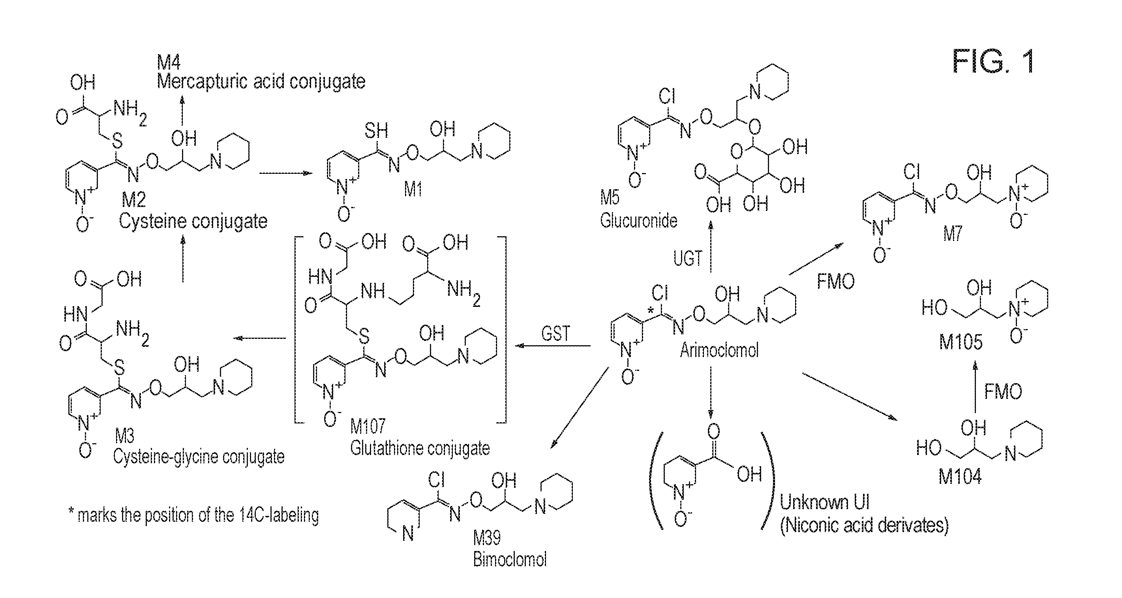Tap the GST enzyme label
[x=555, y=334]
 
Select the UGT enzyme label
[x=688, y=259]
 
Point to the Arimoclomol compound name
[x=719, y=350]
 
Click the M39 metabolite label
[x=487, y=538]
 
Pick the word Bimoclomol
[x=510, y=560]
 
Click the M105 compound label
[x=961, y=342]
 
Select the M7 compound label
[x=953, y=235]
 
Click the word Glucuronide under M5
[x=638, y=220]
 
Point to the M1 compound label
[x=413, y=189]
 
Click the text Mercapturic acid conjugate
[x=261, y=81]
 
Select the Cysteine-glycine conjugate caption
[x=199, y=457]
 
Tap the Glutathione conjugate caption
[x=420, y=449]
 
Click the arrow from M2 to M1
[x=286, y=173]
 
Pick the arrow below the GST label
[x=553, y=346]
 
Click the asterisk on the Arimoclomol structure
[x=650, y=311]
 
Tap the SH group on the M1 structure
[x=376, y=130]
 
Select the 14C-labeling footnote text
[x=194, y=515]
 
